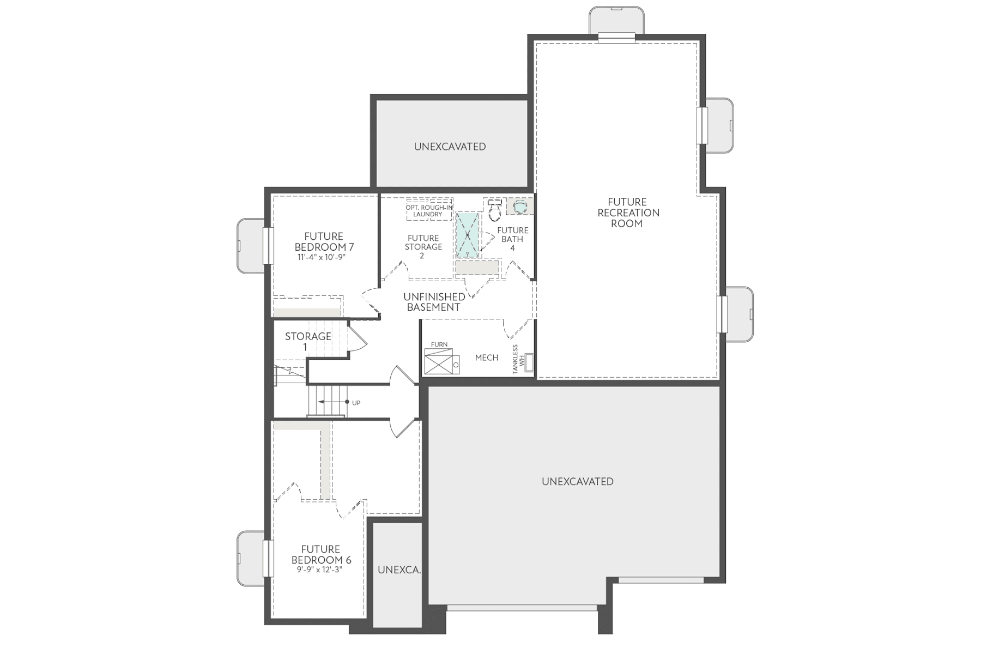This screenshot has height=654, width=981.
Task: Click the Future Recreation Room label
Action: coord(628,213)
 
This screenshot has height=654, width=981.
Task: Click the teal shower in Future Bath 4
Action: coord(467,235)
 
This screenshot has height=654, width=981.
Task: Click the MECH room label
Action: coord(486,358)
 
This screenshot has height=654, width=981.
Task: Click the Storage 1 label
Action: coord(307,341)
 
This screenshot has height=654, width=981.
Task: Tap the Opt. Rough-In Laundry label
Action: coord(428,211)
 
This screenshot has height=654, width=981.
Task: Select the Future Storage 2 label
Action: coord(423,247)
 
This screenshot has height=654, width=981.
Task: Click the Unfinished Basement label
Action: coord(434,302)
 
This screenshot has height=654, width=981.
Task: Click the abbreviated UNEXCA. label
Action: coord(399,570)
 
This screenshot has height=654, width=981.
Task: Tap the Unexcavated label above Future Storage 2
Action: coord(450,147)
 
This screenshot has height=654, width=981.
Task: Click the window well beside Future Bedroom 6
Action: coord(250,559)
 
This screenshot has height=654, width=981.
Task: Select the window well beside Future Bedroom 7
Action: coord(250,246)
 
